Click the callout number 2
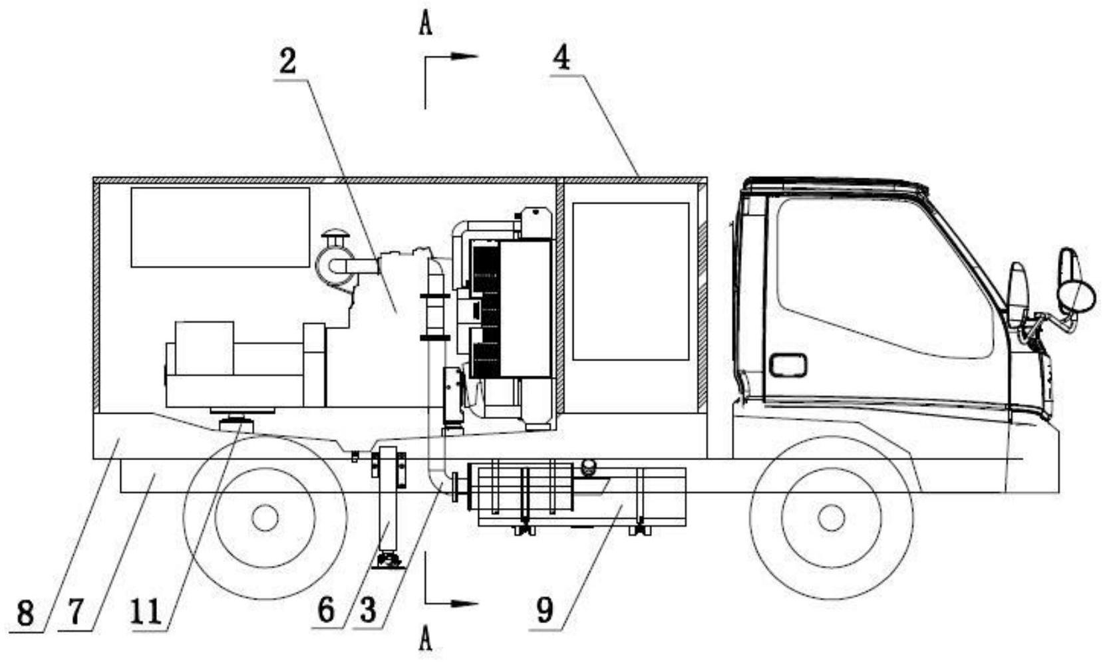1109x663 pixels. (287, 62)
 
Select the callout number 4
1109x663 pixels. (561, 59)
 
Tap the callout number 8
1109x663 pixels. (25, 612)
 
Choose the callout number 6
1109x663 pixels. (326, 610)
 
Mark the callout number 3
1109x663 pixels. (368, 610)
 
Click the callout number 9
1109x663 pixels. (544, 610)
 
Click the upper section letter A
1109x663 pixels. (426, 25)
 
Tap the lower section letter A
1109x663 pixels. (426, 640)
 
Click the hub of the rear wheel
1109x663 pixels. (265, 517)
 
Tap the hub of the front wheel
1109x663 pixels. (831, 517)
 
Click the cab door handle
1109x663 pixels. (788, 365)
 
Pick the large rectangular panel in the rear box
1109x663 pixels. (220, 227)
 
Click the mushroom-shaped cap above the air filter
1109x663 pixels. (333, 238)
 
